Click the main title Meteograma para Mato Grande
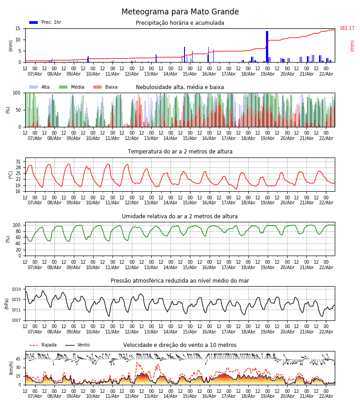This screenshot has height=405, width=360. click(180, 12)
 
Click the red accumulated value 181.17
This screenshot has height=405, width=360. click(347, 28)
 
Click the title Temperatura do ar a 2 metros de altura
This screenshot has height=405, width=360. click(180, 152)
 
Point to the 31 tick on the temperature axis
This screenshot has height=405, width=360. click(18, 162)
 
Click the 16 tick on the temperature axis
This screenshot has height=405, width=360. click(18, 191)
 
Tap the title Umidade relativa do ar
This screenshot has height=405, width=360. click(180, 216)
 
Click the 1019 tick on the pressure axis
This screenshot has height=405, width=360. click(16, 289)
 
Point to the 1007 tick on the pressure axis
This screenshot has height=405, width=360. click(16, 320)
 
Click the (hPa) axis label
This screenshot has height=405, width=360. click(7, 303)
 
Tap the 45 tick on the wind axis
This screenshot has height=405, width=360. click(18, 359)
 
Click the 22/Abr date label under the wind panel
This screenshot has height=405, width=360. click(326, 396)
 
